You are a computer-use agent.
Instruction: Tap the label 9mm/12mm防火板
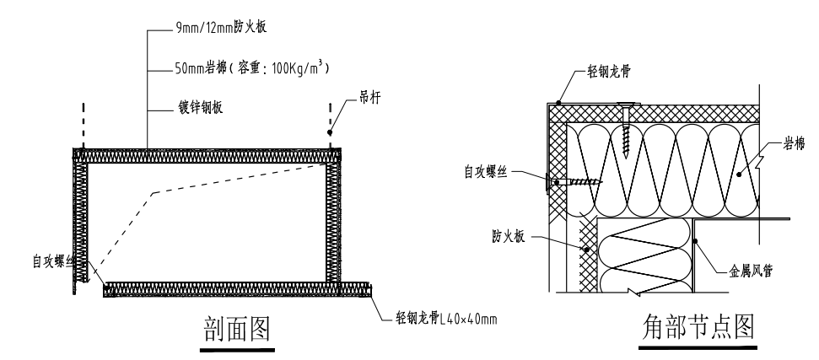click(x=216, y=28)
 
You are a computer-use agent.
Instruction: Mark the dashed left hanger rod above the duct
click(x=84, y=122)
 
